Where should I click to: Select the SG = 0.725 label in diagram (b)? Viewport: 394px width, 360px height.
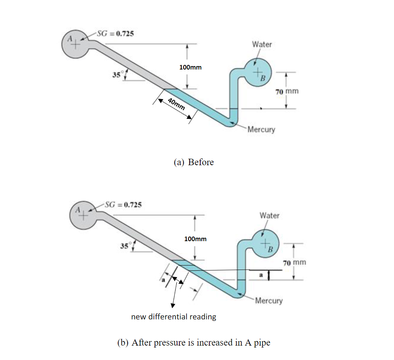tap(123, 205)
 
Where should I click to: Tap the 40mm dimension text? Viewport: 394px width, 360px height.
tap(177, 104)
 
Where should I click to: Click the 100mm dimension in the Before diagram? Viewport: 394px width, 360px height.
tap(190, 67)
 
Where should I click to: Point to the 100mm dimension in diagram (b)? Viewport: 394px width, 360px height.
tap(195, 239)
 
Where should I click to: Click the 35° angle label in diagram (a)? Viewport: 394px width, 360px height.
tap(116, 74)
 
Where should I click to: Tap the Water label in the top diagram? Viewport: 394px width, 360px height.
tap(262, 44)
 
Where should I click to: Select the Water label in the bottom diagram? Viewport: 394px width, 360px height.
tap(269, 215)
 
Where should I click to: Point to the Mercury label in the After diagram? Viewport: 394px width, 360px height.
tap(269, 301)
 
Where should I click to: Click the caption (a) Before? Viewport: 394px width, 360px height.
tap(194, 162)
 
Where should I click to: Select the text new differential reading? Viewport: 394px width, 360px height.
tap(174, 316)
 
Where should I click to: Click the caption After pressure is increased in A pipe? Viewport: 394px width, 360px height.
tap(194, 342)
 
